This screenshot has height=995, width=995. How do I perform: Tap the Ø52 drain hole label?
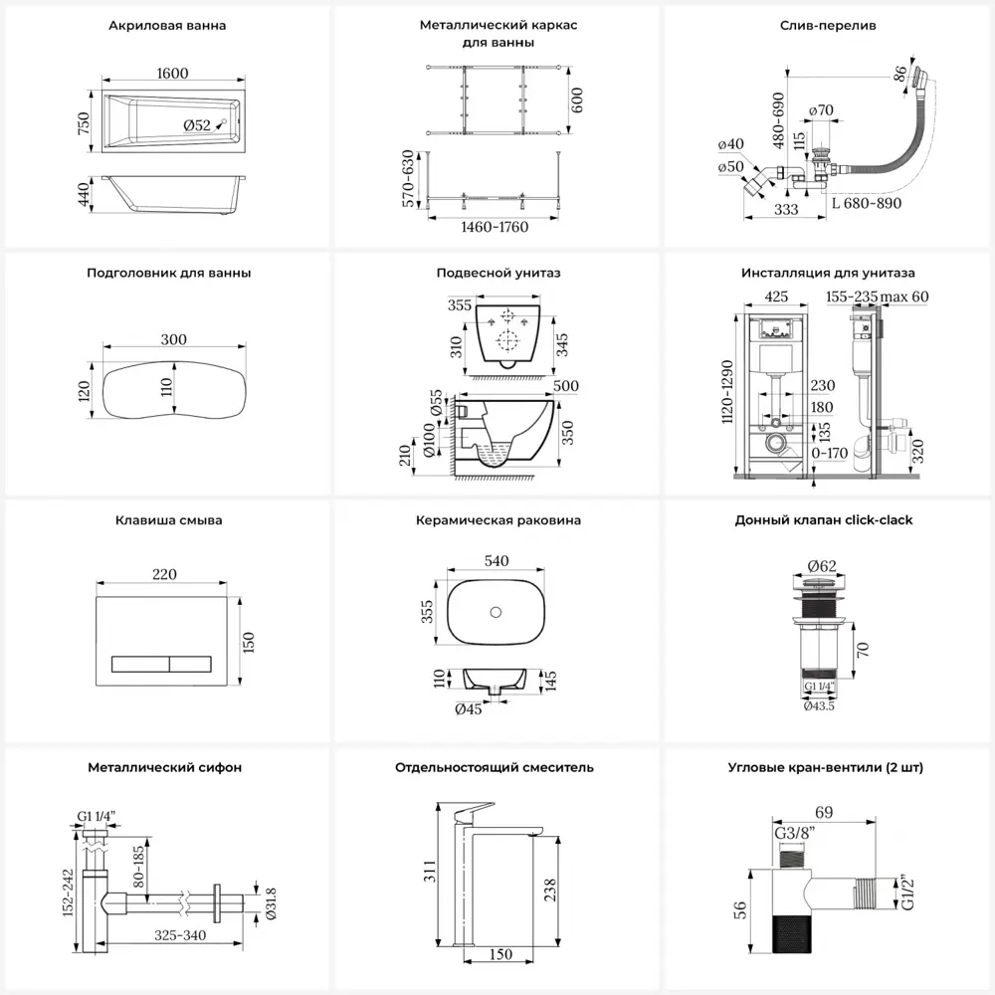tap(196, 124)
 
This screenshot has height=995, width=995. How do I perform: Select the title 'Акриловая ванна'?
tap(166, 25)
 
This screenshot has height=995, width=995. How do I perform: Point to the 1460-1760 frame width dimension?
tap(494, 227)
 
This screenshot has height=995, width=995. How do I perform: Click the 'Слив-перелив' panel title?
tap(828, 25)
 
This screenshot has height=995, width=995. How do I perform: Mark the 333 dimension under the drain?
tap(786, 209)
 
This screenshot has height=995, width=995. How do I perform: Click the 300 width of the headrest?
tap(174, 340)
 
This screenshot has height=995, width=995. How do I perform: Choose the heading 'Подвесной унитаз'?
tap(497, 273)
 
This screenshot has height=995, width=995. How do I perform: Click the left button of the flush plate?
tap(137, 661)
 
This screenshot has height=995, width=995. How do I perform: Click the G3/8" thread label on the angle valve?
tap(796, 832)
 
